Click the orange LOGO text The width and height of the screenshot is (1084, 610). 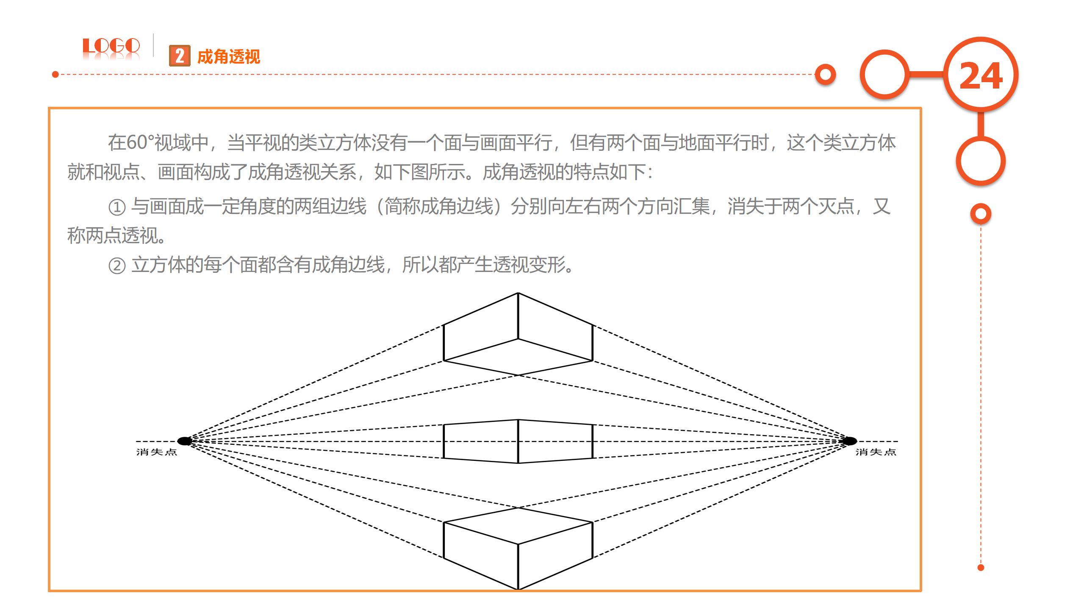(111, 46)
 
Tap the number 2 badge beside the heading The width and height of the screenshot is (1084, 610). (180, 56)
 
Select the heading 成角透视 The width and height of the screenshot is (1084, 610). (228, 57)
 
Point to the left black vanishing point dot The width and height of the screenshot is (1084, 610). (184, 441)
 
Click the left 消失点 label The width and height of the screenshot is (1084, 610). (156, 452)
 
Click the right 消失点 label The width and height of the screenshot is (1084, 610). (876, 452)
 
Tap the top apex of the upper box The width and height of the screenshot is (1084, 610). (518, 293)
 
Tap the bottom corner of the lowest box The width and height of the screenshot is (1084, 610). (518, 589)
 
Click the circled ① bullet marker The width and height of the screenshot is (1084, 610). (117, 207)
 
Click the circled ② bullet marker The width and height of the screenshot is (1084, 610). (117, 266)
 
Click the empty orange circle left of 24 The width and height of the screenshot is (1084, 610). (884, 75)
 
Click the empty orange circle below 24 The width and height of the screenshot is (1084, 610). (980, 161)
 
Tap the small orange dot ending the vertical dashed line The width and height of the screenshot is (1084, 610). (981, 568)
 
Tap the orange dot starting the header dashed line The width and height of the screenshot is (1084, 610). (55, 75)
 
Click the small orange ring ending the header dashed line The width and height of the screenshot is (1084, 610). (825, 75)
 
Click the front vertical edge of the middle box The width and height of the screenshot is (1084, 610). (518, 441)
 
